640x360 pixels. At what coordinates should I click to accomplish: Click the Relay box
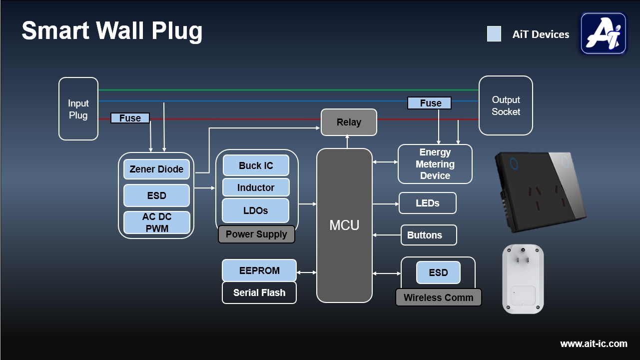(349, 122)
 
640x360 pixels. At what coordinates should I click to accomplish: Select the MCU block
(344, 225)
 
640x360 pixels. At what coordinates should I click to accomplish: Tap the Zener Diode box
(156, 169)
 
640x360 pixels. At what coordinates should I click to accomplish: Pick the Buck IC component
(256, 165)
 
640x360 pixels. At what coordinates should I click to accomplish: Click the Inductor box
(256, 187)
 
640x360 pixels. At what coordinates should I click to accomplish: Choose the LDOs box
(256, 210)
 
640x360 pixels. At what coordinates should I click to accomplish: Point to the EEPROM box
(259, 270)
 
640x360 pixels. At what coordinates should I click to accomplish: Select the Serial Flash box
(259, 293)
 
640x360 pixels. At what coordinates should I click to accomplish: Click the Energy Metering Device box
(435, 164)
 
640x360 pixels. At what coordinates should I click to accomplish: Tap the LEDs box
(428, 203)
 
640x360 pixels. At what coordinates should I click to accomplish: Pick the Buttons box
(429, 235)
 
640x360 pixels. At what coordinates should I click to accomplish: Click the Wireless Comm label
(438, 297)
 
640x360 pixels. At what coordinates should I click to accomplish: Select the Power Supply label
(256, 234)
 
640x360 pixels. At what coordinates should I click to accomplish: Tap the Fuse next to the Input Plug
(130, 118)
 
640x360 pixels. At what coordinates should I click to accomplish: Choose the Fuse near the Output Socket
(430, 103)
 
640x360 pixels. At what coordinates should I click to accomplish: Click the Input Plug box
(78, 109)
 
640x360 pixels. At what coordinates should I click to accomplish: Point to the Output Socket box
(506, 105)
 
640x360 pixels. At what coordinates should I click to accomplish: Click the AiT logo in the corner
(604, 33)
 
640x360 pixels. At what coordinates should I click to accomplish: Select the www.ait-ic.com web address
(594, 344)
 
